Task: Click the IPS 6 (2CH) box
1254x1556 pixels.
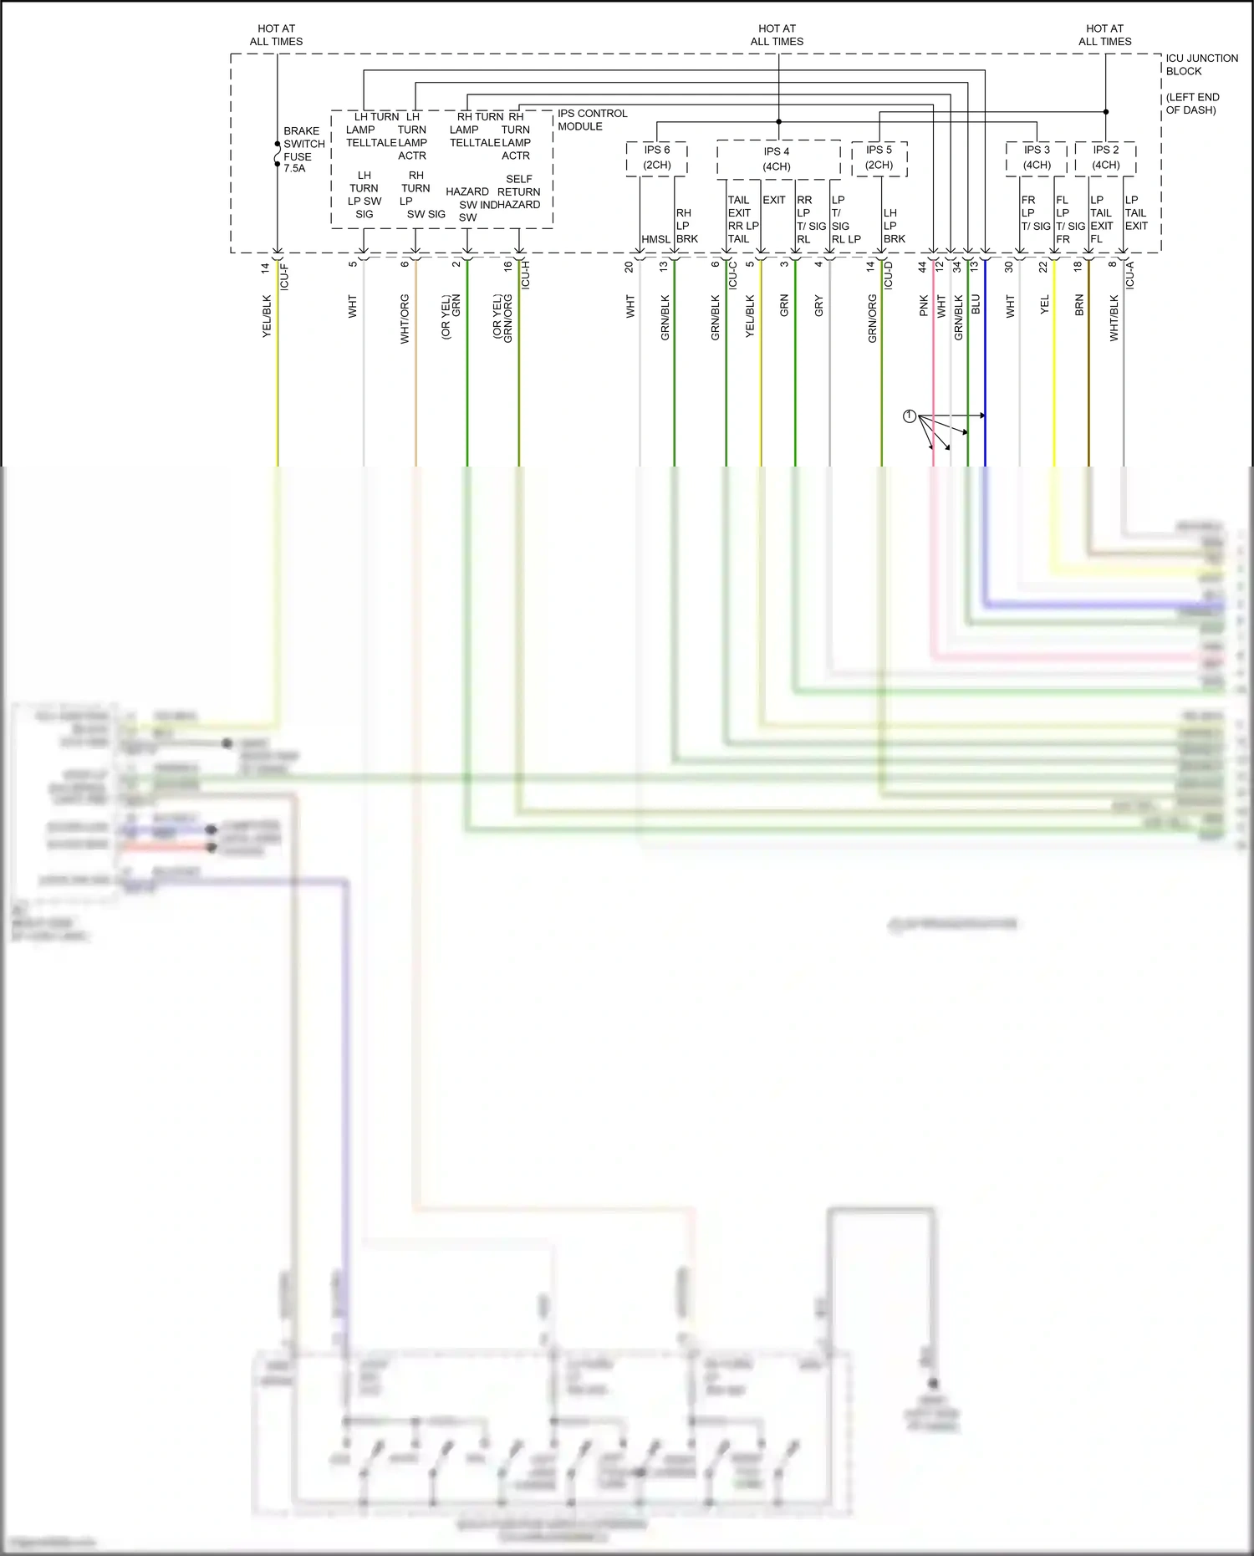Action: tap(657, 158)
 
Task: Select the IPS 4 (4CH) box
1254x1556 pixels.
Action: tap(777, 159)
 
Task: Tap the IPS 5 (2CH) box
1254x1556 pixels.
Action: tap(879, 158)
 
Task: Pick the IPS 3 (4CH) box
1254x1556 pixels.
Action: tap(1037, 158)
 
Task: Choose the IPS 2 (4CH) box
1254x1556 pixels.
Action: tap(1105, 158)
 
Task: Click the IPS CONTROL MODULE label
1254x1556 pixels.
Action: tap(592, 120)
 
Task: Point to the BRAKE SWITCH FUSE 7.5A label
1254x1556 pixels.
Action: tap(303, 150)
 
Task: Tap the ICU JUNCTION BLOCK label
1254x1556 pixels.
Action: tap(1201, 64)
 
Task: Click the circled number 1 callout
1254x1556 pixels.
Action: tap(910, 416)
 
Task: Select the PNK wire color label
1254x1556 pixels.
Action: tap(924, 305)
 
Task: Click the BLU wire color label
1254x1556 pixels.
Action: tap(976, 304)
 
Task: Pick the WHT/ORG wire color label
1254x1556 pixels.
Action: tap(405, 319)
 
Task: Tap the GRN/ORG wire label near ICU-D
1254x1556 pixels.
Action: tap(872, 319)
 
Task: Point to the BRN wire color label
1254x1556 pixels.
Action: tap(1079, 305)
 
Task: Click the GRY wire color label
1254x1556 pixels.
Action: tap(818, 305)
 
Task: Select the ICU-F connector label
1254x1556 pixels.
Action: tap(284, 277)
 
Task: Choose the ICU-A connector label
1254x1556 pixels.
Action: tap(1130, 275)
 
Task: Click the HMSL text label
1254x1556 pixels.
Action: tap(655, 239)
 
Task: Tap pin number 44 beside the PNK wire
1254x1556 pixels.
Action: tap(922, 268)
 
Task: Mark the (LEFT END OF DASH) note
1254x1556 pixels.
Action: tap(1192, 104)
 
